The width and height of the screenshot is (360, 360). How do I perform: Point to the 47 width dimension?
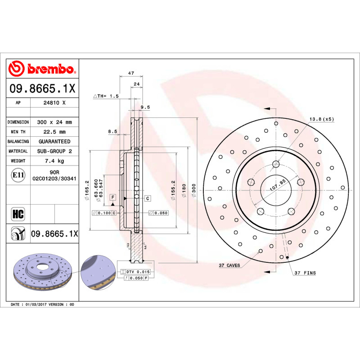point(130,73)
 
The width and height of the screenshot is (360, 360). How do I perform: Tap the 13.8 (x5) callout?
point(321,119)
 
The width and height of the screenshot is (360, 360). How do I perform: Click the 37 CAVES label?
point(229,265)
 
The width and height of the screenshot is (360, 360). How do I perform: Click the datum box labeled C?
point(147,198)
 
